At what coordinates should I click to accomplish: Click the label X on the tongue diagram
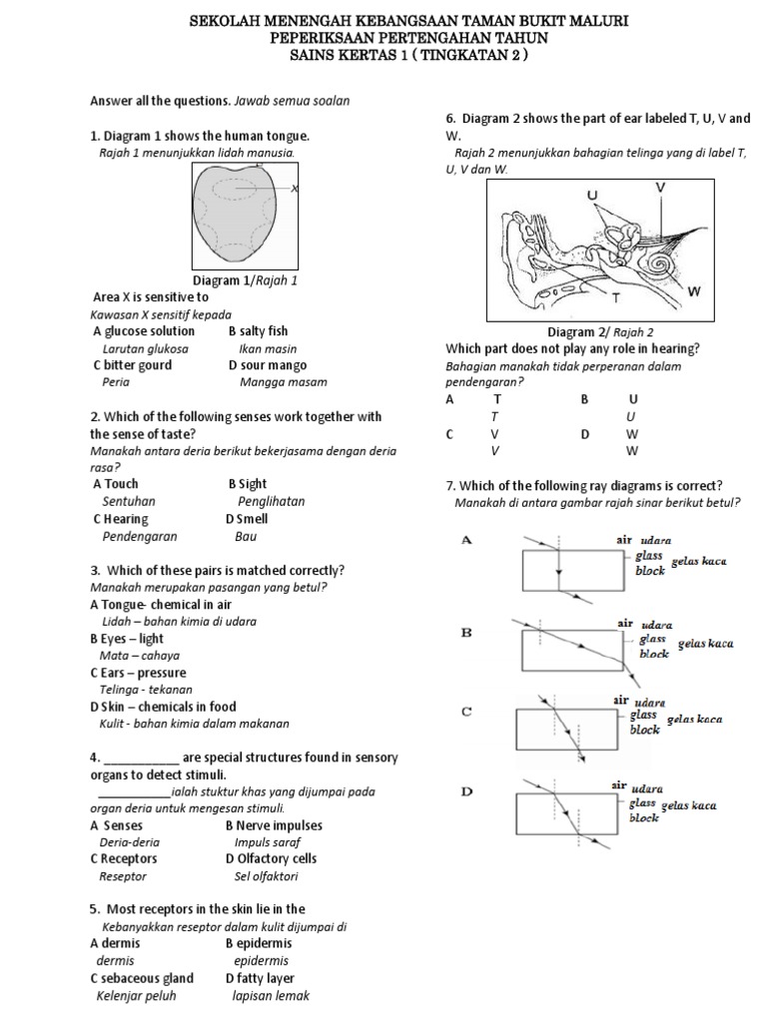[x=296, y=189]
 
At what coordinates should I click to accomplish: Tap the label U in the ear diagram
[x=592, y=194]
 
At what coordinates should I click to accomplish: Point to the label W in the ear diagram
[x=694, y=291]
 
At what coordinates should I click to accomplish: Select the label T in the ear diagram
[x=616, y=297]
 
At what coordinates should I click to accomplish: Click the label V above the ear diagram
[x=660, y=187]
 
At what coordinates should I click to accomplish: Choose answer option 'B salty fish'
[x=258, y=331]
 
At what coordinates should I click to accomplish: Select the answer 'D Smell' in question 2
[x=247, y=519]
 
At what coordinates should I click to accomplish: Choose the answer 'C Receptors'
[x=124, y=858]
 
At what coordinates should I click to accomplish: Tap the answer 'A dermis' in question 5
[x=115, y=943]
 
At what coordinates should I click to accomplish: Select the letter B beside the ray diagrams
[x=466, y=633]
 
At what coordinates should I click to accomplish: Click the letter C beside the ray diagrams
[x=466, y=712]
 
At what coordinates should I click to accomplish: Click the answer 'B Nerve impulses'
[x=274, y=825]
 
